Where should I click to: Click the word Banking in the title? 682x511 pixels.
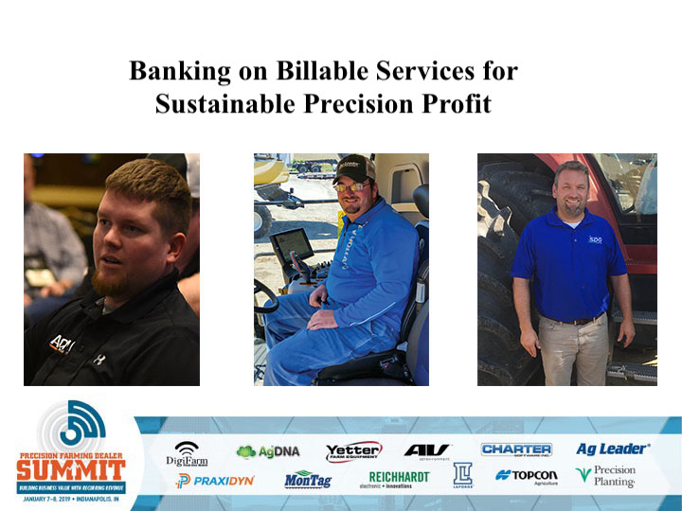174,71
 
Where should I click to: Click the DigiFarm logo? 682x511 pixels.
187,453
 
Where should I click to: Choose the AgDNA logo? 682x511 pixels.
267,451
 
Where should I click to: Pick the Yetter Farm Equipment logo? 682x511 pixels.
353,451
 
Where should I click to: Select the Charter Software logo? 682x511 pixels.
516,450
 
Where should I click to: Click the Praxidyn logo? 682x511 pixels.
215,481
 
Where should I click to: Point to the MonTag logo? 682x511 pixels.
309,480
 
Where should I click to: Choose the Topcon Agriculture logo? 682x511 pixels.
527,476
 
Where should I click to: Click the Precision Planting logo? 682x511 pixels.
607,476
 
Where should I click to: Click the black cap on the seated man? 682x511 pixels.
353,168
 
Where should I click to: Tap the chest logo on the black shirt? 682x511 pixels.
63,343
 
